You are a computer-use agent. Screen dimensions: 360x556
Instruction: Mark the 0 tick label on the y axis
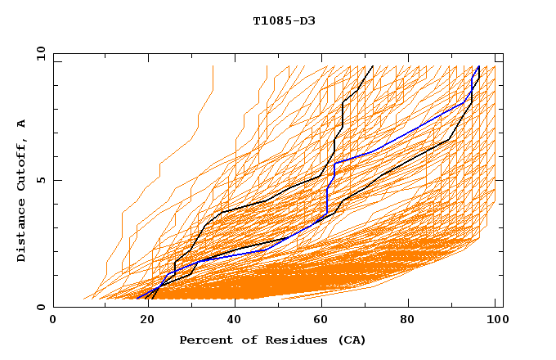click(x=40, y=308)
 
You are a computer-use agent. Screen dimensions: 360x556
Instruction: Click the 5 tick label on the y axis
click(x=40, y=180)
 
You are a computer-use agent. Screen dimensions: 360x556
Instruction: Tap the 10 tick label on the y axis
click(x=37, y=53)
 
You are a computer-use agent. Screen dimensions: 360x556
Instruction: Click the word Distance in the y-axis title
click(x=22, y=229)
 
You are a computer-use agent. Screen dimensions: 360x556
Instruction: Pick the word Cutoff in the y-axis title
click(x=22, y=161)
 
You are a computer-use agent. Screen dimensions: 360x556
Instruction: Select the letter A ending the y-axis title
click(x=22, y=123)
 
